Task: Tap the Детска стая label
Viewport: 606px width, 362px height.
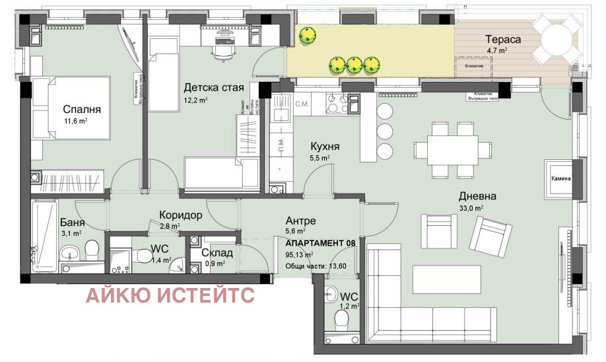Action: (x=213, y=88)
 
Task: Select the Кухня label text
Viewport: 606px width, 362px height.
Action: (x=325, y=147)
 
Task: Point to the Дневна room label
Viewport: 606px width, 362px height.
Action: (x=478, y=196)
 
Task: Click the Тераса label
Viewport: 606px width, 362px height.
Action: (x=503, y=39)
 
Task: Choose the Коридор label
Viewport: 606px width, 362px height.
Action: (x=180, y=215)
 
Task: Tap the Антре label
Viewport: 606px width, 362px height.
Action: (x=300, y=221)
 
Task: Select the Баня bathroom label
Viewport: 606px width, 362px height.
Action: (x=71, y=223)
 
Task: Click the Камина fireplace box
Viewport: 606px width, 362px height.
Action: (x=557, y=178)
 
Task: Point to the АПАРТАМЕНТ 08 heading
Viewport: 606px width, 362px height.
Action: (x=321, y=243)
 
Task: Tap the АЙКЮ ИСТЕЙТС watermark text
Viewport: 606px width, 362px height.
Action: (x=170, y=295)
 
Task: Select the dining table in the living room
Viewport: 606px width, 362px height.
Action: (x=452, y=149)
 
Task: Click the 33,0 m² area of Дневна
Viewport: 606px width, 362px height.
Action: (x=472, y=208)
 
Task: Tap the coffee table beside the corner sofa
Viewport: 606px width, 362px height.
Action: (x=438, y=277)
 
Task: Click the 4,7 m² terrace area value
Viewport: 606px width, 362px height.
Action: (x=496, y=50)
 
